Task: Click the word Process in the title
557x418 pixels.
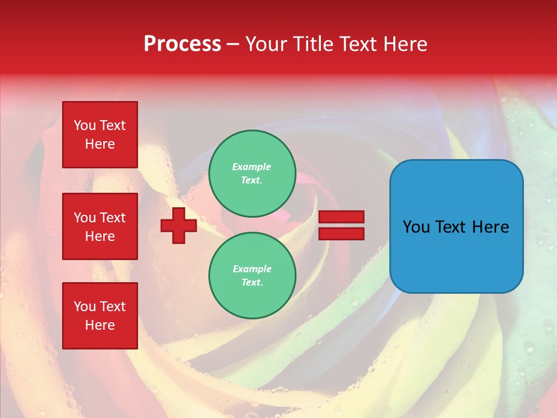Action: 182,44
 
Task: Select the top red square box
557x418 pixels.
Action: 100,135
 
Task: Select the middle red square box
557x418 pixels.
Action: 100,226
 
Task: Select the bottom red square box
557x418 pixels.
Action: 100,315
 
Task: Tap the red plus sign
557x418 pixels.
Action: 179,225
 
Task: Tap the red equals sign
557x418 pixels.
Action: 341,225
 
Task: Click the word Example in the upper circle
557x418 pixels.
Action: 252,167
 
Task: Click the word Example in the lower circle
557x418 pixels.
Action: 252,269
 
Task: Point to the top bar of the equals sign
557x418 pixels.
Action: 341,217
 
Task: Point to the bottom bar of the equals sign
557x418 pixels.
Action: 341,233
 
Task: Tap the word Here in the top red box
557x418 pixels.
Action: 100,144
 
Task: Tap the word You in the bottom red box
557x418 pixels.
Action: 85,307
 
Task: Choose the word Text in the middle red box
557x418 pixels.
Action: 113,218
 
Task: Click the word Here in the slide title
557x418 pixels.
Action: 404,44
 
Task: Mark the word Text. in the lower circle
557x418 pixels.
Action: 252,282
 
